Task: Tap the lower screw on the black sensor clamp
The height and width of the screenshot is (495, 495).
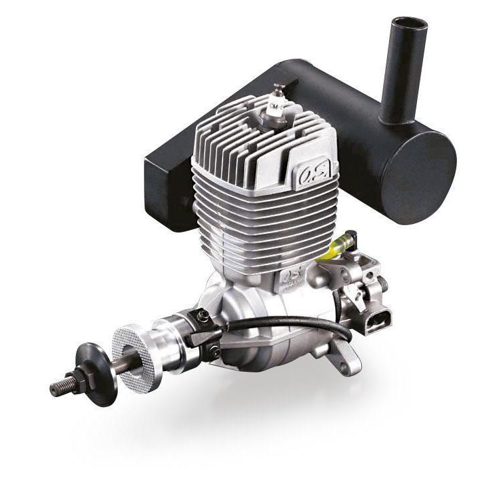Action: click(215, 351)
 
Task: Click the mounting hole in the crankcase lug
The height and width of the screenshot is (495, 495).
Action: click(344, 367)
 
